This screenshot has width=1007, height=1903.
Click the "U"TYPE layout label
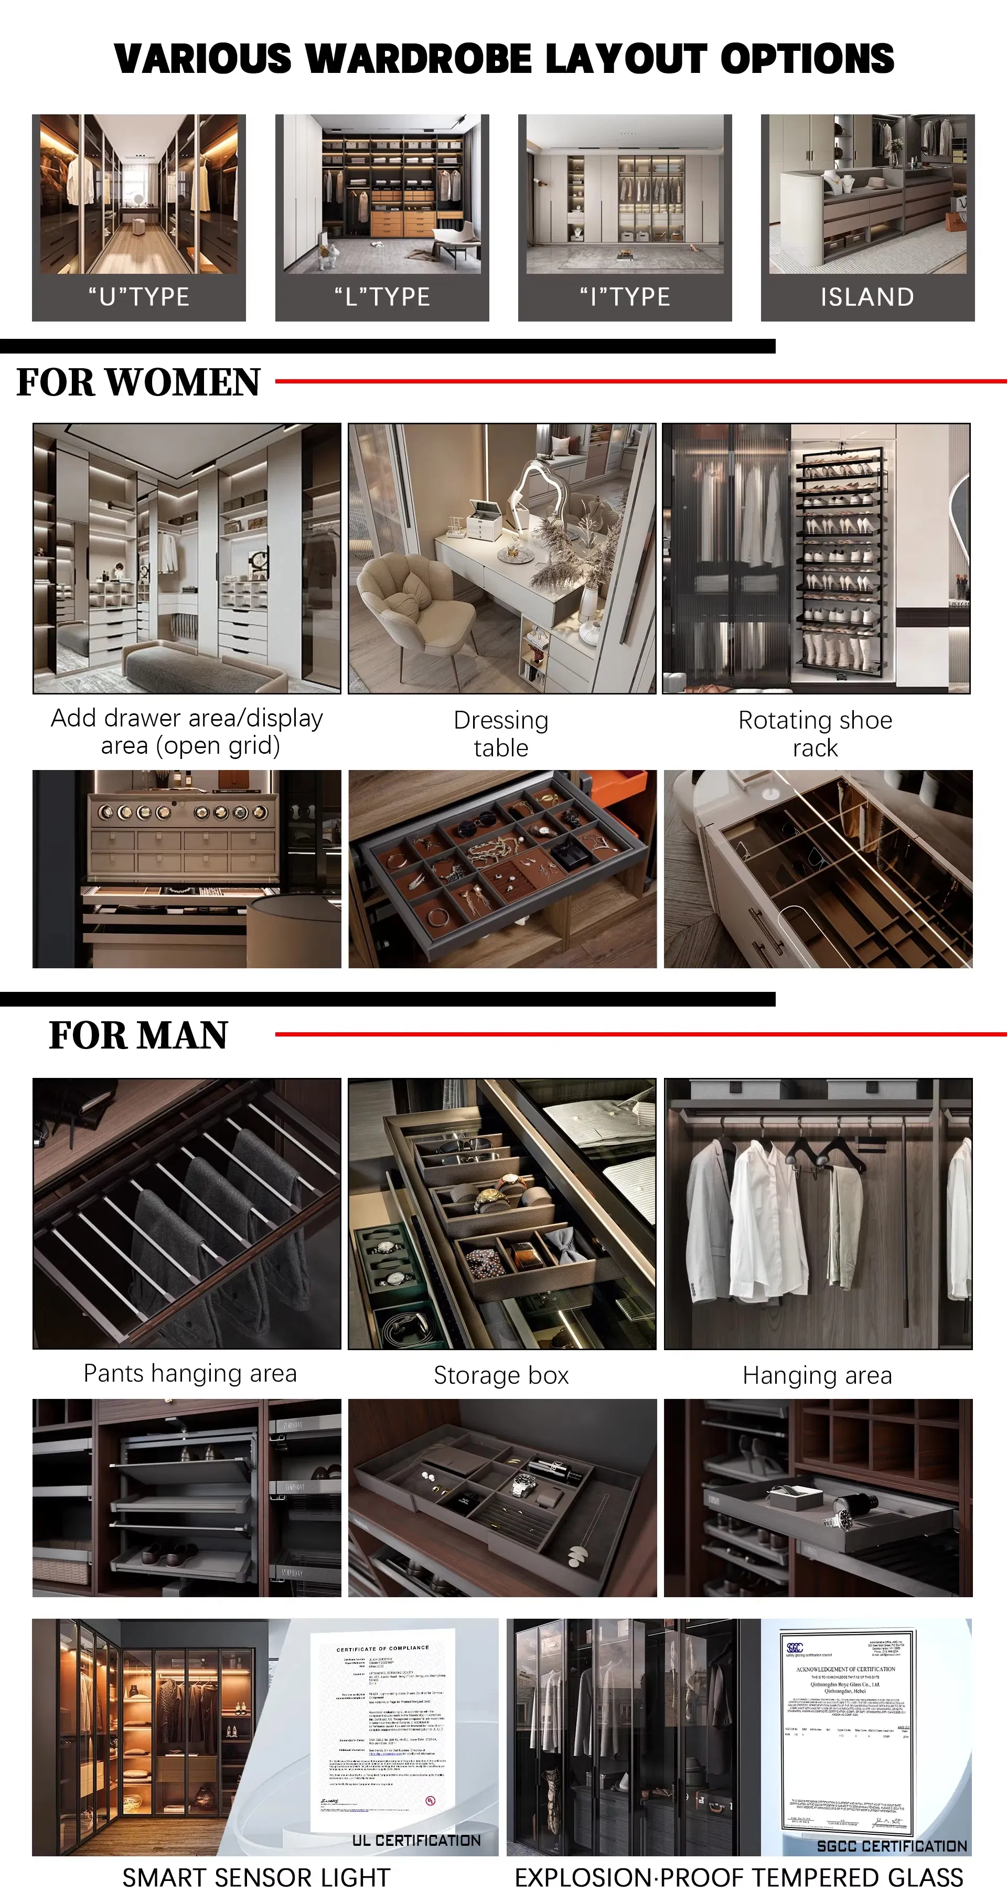(139, 297)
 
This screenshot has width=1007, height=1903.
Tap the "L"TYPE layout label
(382, 297)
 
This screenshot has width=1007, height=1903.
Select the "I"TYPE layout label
(625, 297)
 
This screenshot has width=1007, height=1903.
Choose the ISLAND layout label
(867, 297)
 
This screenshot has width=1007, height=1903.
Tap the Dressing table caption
(501, 734)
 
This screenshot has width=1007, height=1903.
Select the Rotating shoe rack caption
(815, 734)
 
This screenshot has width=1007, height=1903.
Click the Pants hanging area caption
(190, 1373)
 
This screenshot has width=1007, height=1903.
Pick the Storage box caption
(501, 1375)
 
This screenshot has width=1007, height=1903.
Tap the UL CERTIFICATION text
(416, 1840)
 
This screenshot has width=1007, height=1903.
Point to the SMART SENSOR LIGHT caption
(255, 1878)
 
